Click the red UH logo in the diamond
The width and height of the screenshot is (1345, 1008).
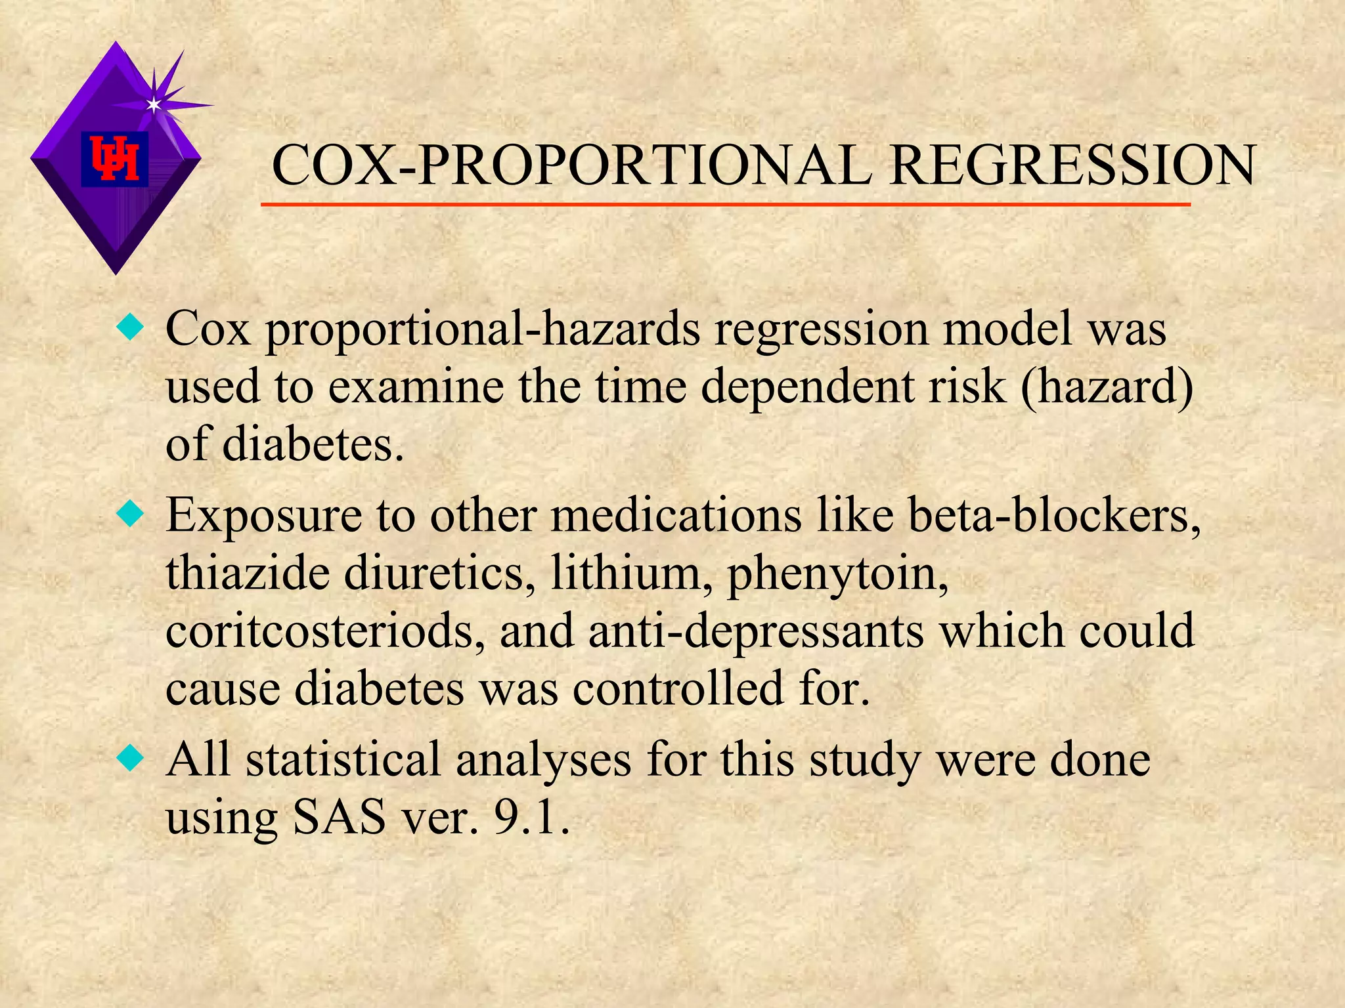click(x=115, y=159)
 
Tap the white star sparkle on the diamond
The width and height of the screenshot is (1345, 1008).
click(x=154, y=104)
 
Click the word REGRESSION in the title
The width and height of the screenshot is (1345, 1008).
click(x=1072, y=165)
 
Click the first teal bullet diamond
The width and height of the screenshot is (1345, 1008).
click(x=130, y=327)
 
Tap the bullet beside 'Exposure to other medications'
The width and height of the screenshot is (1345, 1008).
click(x=130, y=515)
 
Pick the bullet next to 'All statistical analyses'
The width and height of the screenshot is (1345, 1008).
click(x=130, y=759)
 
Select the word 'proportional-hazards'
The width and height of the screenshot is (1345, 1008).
click(x=483, y=329)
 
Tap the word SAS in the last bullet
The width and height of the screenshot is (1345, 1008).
click(x=340, y=818)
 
